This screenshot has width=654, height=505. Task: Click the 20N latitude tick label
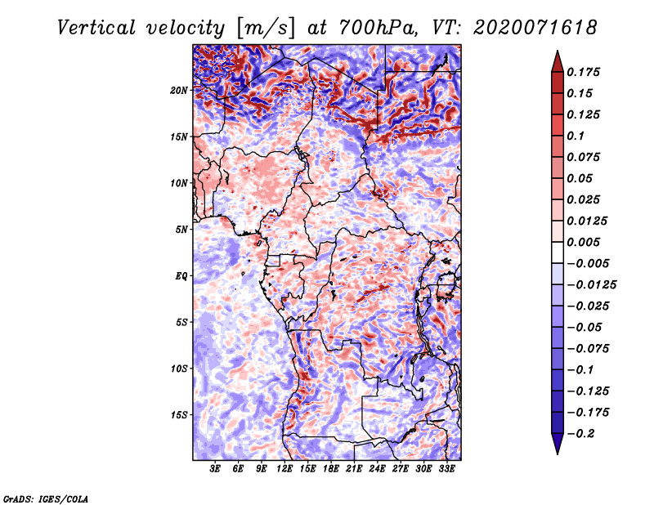pos(179,91)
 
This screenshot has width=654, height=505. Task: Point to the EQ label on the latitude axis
pos(181,276)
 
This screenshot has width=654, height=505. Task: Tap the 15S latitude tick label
pos(179,415)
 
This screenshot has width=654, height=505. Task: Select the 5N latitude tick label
pos(181,230)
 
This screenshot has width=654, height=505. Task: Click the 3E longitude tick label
pos(215,469)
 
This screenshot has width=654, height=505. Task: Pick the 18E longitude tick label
pos(331,469)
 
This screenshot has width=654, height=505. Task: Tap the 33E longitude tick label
pos(446,469)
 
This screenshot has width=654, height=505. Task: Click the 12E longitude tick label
pos(284,469)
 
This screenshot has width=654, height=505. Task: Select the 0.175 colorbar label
pos(584,72)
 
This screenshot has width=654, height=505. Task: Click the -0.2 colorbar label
pos(580,434)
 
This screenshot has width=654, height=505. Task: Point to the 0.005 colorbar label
pos(584,242)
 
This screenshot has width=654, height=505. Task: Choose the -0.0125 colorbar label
pos(591,285)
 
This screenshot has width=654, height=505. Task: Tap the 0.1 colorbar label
pos(576,136)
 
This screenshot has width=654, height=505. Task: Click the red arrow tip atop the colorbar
pos(558,51)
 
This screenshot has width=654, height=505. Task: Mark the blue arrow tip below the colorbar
pos(558,454)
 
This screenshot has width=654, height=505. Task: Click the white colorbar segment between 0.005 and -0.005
pos(558,252)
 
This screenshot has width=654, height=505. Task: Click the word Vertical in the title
pos(96,28)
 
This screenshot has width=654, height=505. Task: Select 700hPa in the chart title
pos(378,28)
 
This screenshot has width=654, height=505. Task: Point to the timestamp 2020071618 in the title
pos(535,28)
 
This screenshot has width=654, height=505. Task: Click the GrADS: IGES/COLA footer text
pos(46,498)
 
